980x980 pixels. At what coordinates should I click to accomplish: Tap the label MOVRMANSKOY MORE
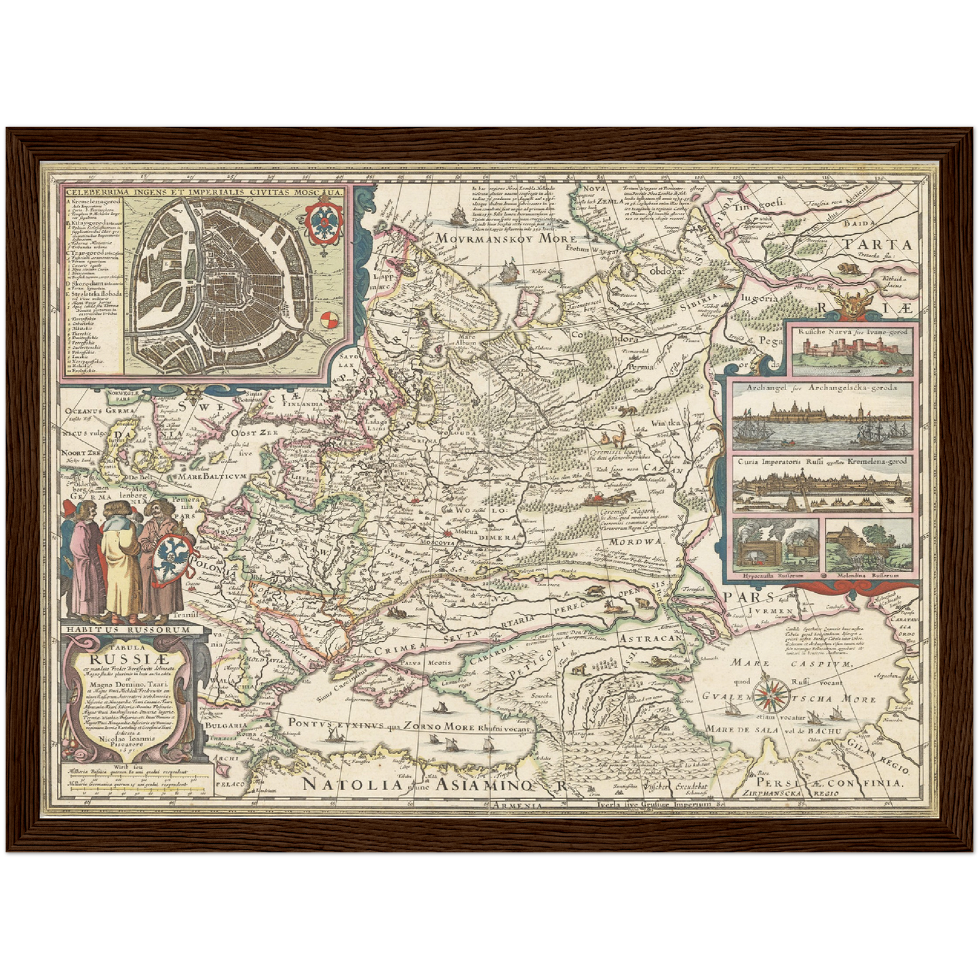coord(505,239)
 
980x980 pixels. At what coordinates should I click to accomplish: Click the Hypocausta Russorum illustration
coord(775,545)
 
